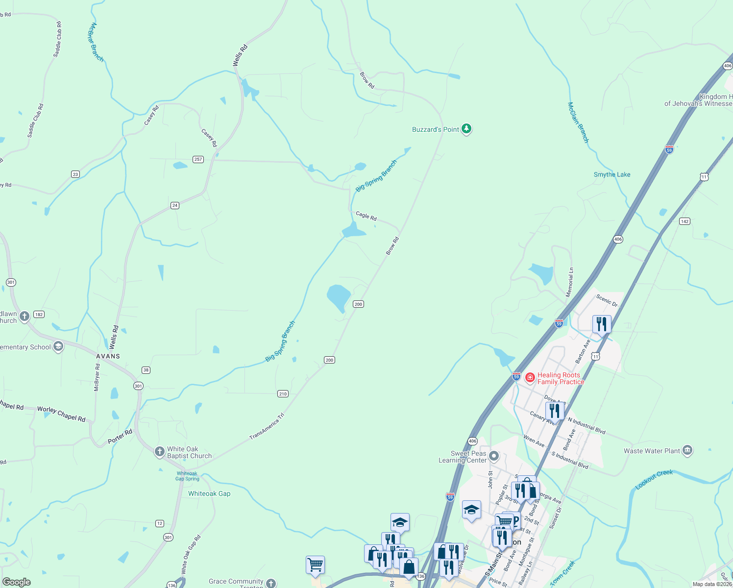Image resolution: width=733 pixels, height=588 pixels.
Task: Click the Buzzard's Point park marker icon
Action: (466, 129)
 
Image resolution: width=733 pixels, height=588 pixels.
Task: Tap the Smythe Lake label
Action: (612, 174)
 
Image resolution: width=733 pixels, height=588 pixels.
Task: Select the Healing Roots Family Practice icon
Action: (530, 378)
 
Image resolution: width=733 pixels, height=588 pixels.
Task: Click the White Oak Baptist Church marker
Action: (159, 452)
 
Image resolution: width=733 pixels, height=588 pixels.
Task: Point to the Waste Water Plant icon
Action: (687, 450)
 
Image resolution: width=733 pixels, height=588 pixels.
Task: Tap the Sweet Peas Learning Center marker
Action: (494, 457)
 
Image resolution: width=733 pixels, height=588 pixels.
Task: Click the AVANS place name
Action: (108, 356)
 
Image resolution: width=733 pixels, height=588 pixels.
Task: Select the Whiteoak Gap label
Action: (209, 493)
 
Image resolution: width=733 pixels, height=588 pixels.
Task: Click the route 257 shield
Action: (198, 159)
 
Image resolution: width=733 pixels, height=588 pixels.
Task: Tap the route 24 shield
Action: (175, 205)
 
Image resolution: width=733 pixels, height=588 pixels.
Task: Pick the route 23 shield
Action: (75, 174)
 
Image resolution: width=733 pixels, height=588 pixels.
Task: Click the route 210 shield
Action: (283, 393)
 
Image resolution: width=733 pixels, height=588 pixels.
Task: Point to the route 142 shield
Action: (684, 221)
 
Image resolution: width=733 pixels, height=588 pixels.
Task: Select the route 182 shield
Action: (39, 314)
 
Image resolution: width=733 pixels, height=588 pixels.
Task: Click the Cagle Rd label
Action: (366, 216)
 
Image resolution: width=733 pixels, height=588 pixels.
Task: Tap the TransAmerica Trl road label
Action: (267, 426)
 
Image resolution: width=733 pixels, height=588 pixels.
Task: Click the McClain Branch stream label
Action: (578, 122)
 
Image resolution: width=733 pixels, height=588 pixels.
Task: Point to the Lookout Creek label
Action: (654, 479)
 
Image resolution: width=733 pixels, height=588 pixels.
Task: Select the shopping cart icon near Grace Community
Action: (315, 564)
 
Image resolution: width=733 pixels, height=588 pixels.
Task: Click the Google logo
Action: (17, 582)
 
